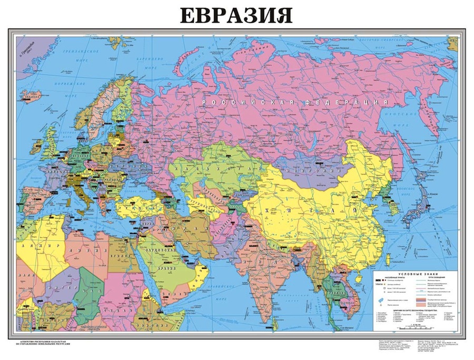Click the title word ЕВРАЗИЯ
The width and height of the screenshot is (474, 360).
pos(236,15)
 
